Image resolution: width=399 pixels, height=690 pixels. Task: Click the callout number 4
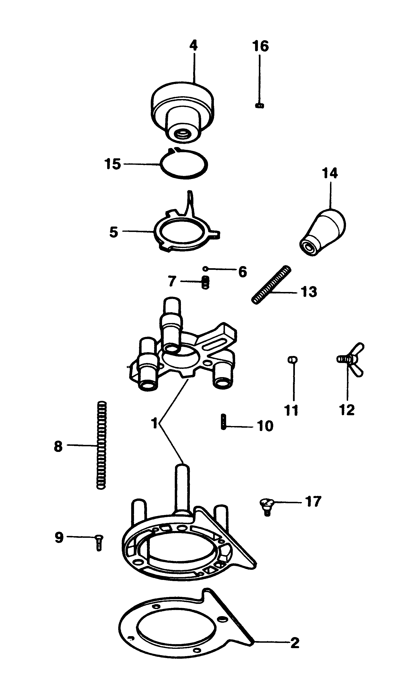pos(193,46)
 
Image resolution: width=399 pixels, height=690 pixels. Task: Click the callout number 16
pos(260,46)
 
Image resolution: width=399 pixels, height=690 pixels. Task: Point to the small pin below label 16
pos(259,105)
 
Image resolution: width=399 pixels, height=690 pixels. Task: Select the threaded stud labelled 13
pos(271,285)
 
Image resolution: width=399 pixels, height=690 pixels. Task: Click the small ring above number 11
pos(293,359)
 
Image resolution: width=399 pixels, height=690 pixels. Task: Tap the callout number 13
pos(309,292)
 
